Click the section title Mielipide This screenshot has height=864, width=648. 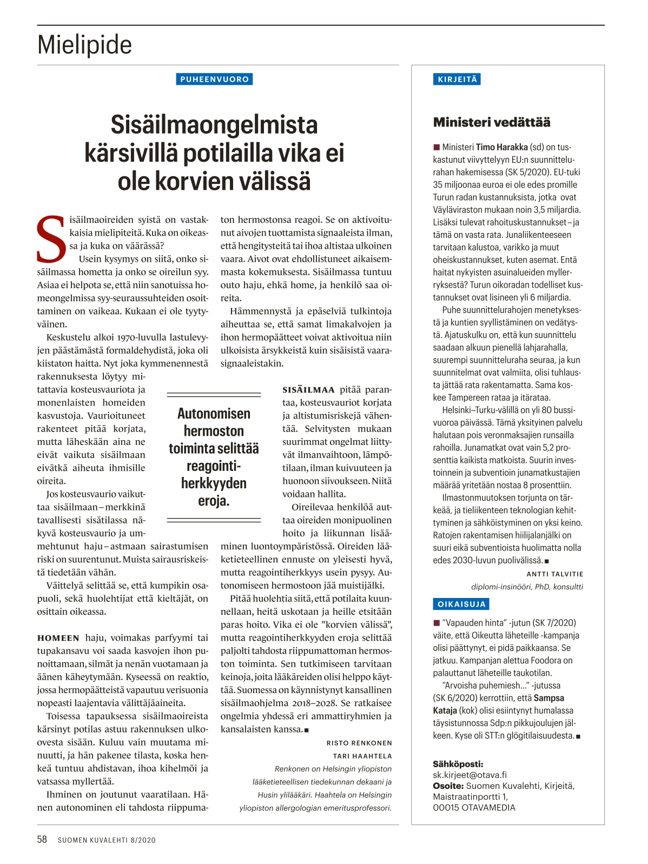click(x=84, y=45)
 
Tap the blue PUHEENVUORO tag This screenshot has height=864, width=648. click(x=214, y=79)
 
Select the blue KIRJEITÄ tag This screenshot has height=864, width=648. click(x=457, y=79)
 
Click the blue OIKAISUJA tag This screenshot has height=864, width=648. click(x=461, y=604)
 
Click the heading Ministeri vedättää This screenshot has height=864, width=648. click(x=492, y=122)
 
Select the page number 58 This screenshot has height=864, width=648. click(x=42, y=840)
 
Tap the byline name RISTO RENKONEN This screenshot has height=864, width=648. click(x=359, y=743)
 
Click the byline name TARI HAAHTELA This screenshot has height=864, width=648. click(x=362, y=756)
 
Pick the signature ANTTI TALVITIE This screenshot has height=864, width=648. click(x=555, y=574)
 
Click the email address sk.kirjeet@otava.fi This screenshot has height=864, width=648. click(x=470, y=775)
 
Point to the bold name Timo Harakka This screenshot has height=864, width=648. click(x=502, y=147)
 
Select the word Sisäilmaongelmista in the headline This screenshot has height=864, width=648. click(x=214, y=125)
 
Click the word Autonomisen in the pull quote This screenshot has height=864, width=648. click(x=214, y=414)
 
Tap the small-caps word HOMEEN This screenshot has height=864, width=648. click(x=58, y=638)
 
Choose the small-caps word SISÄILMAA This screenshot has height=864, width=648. click(x=308, y=390)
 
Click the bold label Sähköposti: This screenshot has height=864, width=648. click(x=458, y=764)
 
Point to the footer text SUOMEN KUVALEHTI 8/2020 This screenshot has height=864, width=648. click(x=107, y=840)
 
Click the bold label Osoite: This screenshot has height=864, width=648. click(x=448, y=786)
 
